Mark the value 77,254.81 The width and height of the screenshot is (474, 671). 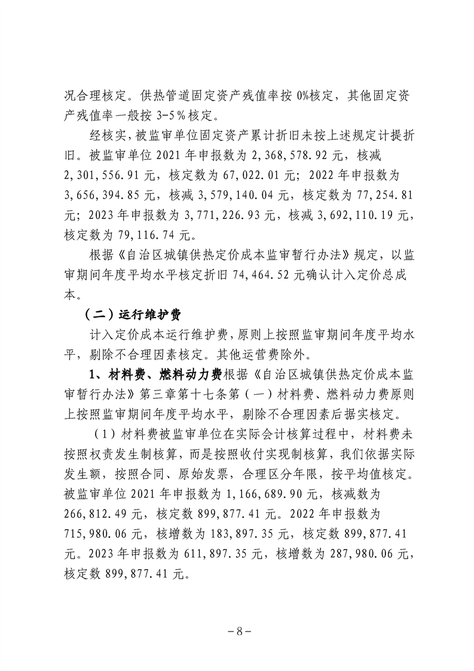377,195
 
